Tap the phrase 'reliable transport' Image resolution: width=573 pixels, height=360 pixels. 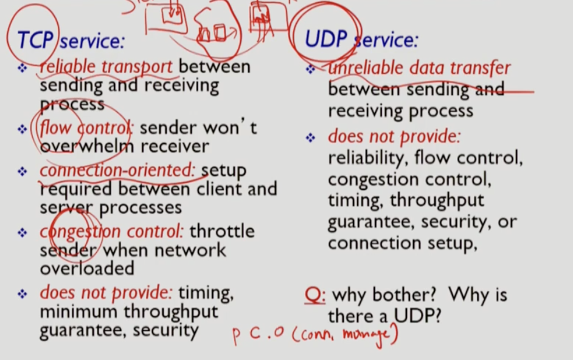(x=106, y=67)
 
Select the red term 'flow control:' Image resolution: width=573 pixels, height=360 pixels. (x=88, y=128)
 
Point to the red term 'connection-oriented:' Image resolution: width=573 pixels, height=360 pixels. (x=118, y=171)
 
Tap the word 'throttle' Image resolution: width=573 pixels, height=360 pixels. (x=222, y=232)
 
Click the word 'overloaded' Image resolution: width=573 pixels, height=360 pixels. (x=87, y=268)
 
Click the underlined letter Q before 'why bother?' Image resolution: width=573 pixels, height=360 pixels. (x=314, y=296)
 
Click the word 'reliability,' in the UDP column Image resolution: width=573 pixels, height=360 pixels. (x=367, y=159)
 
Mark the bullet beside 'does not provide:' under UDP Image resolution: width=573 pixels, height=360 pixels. (x=310, y=138)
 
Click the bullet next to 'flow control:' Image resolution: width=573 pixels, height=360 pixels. (x=23, y=129)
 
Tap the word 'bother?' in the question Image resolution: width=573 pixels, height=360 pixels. (x=406, y=296)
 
